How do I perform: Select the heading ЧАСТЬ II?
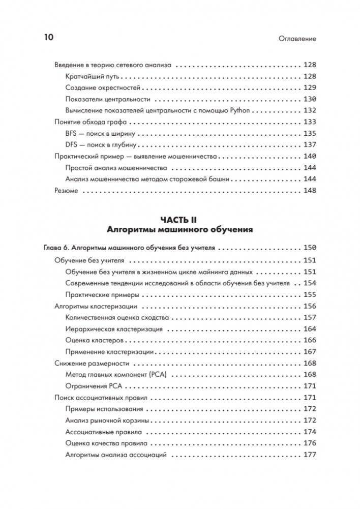coord(179,219)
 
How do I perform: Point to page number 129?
coord(310,87)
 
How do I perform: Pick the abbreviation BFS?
coord(73,133)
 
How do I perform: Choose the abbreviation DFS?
coord(73,144)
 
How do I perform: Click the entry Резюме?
coord(66,191)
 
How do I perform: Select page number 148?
coord(310,191)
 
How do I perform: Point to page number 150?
coord(310,248)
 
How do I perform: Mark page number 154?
coord(310,283)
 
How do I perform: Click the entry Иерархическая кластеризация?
coord(114,329)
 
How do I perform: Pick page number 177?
coord(310,455)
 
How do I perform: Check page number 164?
coord(310,329)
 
